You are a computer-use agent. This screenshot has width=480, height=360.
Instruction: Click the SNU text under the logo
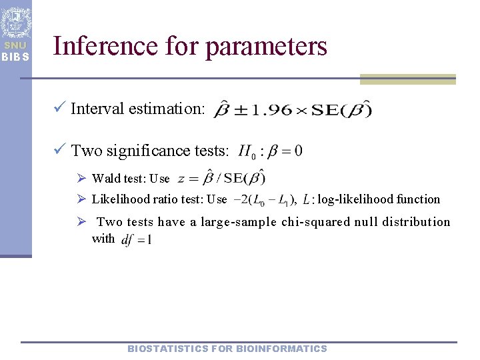click(15, 46)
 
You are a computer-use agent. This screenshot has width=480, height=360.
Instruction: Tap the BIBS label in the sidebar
click(15, 57)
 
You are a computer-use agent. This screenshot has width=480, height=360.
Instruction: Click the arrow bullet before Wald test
click(82, 178)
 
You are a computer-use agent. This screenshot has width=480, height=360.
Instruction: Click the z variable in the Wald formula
click(182, 179)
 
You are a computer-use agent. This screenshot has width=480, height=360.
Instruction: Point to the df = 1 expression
click(137, 240)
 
